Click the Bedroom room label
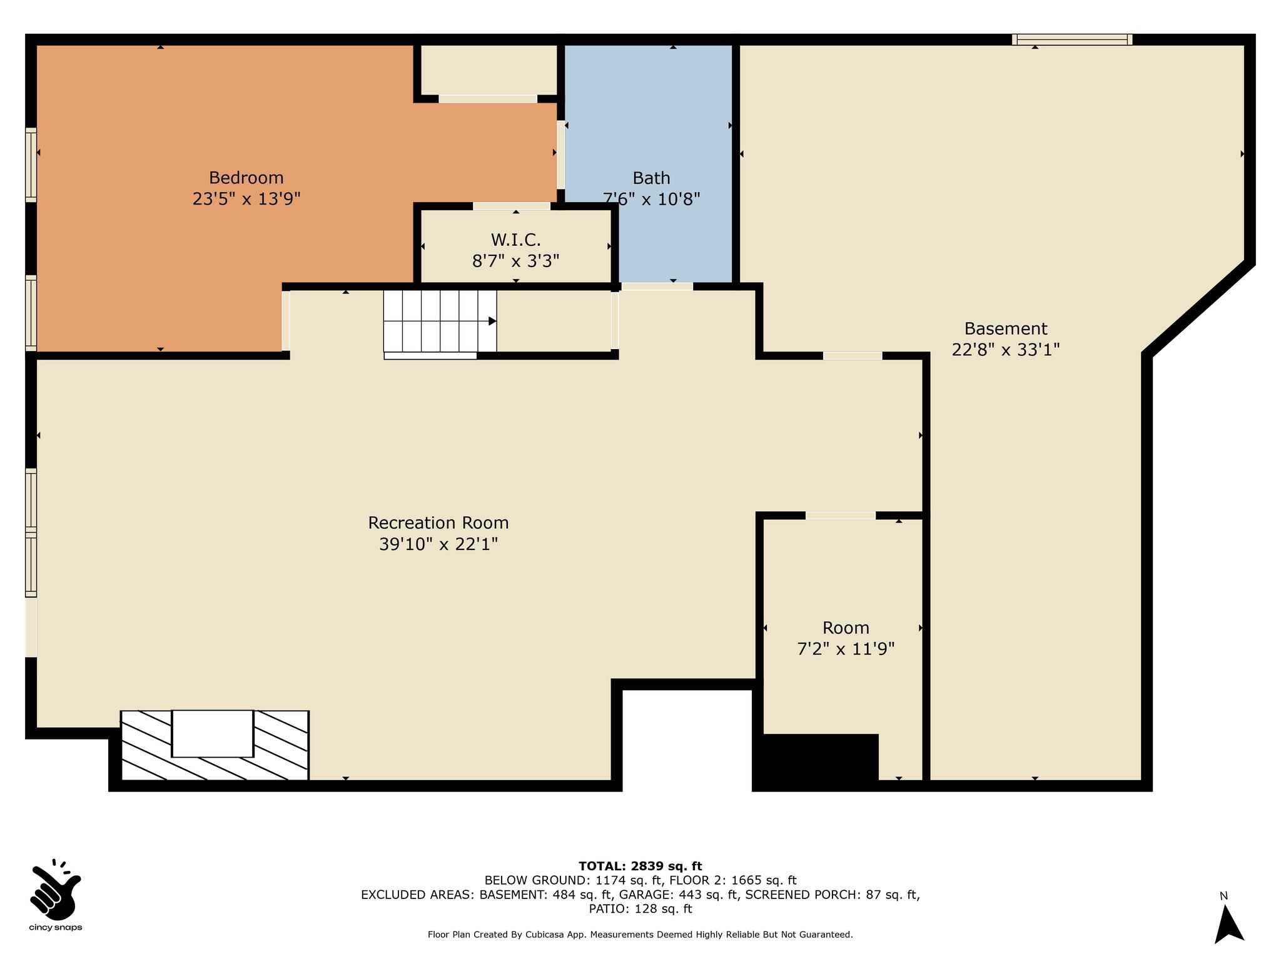point(246,178)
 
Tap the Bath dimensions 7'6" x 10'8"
point(651,199)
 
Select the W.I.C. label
point(515,240)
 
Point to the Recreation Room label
point(438,523)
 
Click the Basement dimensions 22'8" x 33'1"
point(1006,349)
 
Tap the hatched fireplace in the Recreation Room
point(215,745)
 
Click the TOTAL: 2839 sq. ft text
point(640,867)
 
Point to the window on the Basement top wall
point(1072,39)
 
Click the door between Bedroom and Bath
point(560,155)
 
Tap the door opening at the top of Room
point(840,516)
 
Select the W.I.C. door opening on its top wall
point(512,206)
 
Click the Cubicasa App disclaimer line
point(640,935)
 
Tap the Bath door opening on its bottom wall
point(657,287)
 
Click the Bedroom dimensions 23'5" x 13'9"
point(246,199)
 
